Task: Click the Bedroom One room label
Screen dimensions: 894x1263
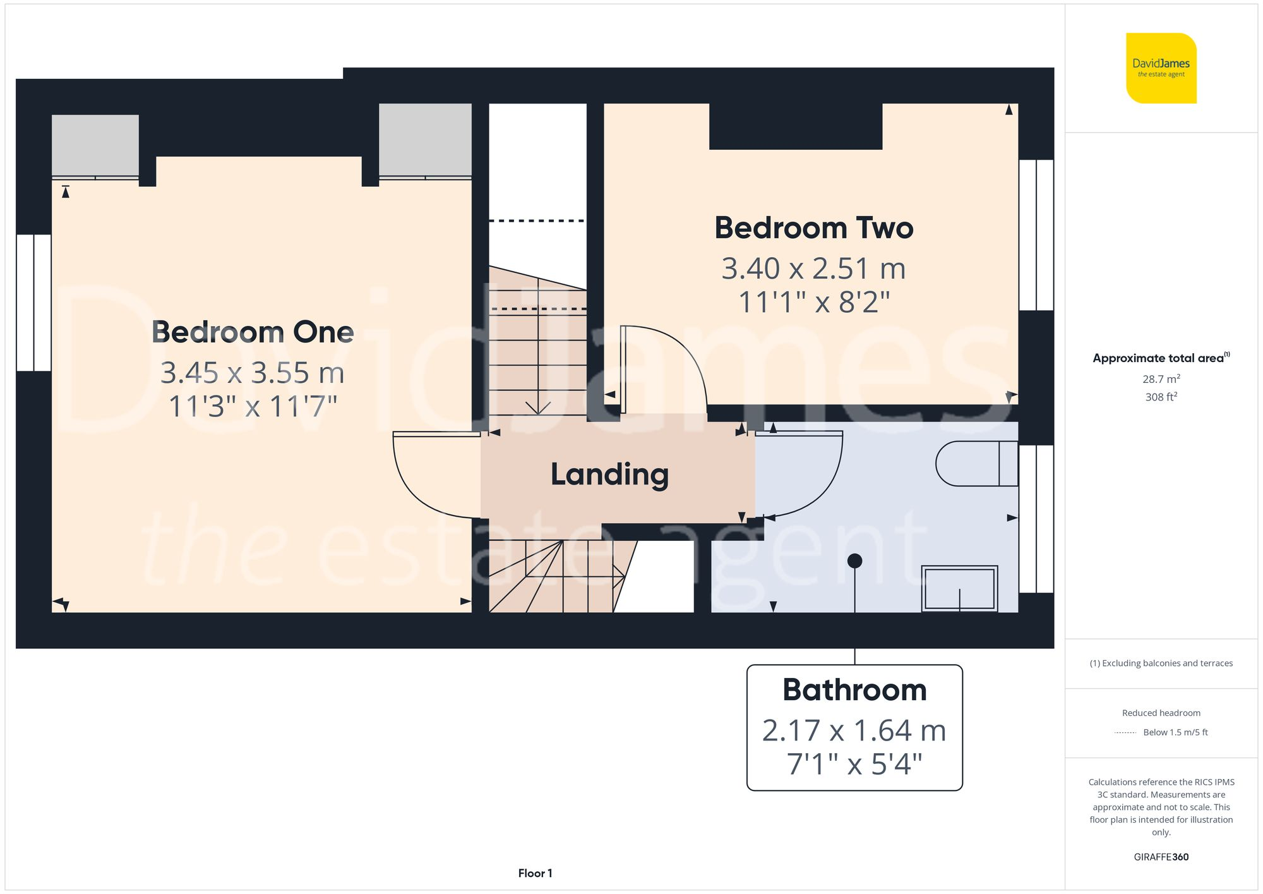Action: (253, 332)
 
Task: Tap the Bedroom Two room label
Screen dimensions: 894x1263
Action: (813, 228)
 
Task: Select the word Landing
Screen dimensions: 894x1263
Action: (609, 474)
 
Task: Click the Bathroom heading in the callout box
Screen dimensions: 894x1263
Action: (854, 690)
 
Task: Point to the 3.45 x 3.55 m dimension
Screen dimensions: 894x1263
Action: (253, 373)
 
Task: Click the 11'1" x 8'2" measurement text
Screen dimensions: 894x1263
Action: (813, 302)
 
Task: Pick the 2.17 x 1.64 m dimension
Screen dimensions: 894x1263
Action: (854, 731)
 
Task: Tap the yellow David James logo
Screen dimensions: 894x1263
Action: (1161, 68)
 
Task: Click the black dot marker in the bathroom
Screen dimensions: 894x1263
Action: (854, 560)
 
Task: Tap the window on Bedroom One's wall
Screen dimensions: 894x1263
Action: (33, 303)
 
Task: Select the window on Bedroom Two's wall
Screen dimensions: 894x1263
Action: (1036, 234)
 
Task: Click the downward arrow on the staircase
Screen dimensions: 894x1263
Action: (537, 408)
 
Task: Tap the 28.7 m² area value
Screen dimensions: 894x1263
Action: (1161, 379)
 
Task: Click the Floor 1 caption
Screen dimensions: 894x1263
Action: (535, 873)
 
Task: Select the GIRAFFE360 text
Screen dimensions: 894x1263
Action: (1161, 857)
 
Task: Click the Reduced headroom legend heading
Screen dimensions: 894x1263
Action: (1161, 713)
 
